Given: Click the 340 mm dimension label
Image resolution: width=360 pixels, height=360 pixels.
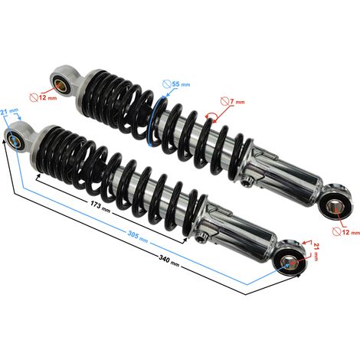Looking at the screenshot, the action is pyautogui.click(x=169, y=261).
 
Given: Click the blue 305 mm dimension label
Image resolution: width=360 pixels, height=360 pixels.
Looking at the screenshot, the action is pyautogui.click(x=138, y=236).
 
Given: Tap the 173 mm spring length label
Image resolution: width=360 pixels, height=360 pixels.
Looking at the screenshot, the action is pyautogui.click(x=100, y=207).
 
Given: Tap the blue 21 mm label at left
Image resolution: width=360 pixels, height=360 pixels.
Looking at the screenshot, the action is pyautogui.click(x=9, y=112).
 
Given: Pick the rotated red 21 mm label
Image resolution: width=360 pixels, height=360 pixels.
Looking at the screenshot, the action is pyautogui.click(x=316, y=252).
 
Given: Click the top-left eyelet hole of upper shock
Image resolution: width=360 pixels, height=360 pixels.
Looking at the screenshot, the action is pyautogui.click(x=61, y=86).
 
